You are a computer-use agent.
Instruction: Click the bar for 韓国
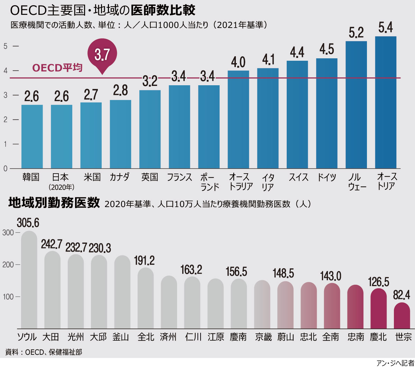[x=32, y=136]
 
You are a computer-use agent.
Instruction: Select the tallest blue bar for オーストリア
[x=386, y=102]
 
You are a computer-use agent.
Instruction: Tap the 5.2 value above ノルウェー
[x=356, y=33]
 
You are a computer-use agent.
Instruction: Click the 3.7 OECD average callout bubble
[x=102, y=55]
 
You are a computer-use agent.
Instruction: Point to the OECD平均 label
[x=57, y=68]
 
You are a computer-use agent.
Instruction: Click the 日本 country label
[x=61, y=177]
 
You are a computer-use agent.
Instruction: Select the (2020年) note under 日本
[x=62, y=187]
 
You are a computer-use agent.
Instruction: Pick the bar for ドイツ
[x=326, y=113]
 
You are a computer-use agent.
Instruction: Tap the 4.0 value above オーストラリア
[x=238, y=62]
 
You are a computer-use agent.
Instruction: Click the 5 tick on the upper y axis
[x=6, y=46]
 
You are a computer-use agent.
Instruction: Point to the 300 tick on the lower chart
[x=8, y=233]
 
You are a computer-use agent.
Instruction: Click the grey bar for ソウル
[x=29, y=280]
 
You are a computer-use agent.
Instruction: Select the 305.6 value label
[x=28, y=223]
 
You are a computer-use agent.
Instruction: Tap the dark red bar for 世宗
[x=402, y=315]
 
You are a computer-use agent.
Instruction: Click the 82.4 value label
[x=402, y=295]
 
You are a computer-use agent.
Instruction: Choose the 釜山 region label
[x=121, y=337]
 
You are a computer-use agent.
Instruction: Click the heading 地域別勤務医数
[x=54, y=203]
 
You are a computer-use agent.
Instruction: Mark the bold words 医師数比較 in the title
[x=163, y=11]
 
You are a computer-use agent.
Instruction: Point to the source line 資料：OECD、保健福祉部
[x=44, y=352]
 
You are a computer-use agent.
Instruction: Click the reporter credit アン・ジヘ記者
[x=395, y=363]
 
